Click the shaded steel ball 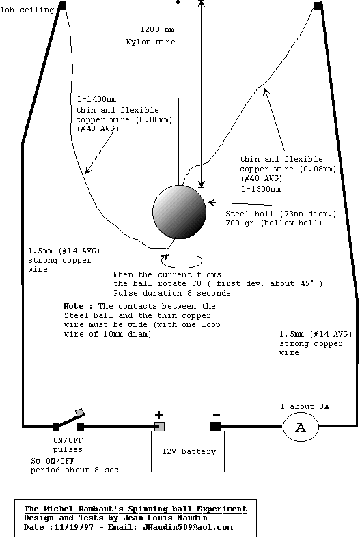179,212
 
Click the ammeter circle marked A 301,427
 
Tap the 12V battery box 188,451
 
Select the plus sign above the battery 159,415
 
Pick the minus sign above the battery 217,415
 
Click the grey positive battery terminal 159,427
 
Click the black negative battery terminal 215,427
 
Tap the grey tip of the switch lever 81,412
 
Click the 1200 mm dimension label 157,29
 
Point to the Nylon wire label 151,42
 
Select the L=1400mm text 97,100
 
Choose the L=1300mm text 261,189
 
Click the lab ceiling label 27,10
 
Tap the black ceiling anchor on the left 62,5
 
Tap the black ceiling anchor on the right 318,6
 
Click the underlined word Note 74,306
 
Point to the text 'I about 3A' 305,407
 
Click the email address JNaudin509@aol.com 188,527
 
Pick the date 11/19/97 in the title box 74,527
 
